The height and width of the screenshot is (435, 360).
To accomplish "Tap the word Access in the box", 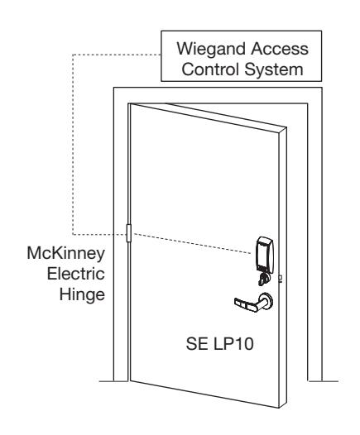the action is click(x=280, y=49).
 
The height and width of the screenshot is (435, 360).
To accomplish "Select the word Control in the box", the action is click(x=211, y=69).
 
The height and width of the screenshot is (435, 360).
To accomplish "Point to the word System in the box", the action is click(x=274, y=70).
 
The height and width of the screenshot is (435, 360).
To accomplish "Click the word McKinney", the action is click(x=66, y=254).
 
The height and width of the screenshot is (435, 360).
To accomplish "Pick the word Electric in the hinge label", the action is click(x=76, y=274).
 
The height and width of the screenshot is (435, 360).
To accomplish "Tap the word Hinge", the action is click(x=82, y=295).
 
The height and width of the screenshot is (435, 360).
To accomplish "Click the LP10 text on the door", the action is click(x=233, y=344).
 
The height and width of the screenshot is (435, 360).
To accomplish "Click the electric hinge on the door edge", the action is click(x=129, y=233).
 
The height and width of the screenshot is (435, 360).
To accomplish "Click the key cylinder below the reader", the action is click(x=264, y=279).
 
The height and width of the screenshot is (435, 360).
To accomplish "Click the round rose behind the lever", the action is click(x=267, y=300).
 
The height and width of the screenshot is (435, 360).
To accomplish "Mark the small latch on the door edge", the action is click(x=281, y=278).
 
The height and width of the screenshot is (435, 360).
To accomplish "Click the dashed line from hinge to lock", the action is click(x=191, y=244).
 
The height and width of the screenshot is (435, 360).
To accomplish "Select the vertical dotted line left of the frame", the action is click(x=73, y=145).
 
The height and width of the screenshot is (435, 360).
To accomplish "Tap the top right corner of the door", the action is click(x=286, y=127).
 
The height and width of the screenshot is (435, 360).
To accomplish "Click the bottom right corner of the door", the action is click(x=279, y=408).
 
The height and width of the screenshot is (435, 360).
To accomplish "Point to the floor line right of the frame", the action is click(x=324, y=381).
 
